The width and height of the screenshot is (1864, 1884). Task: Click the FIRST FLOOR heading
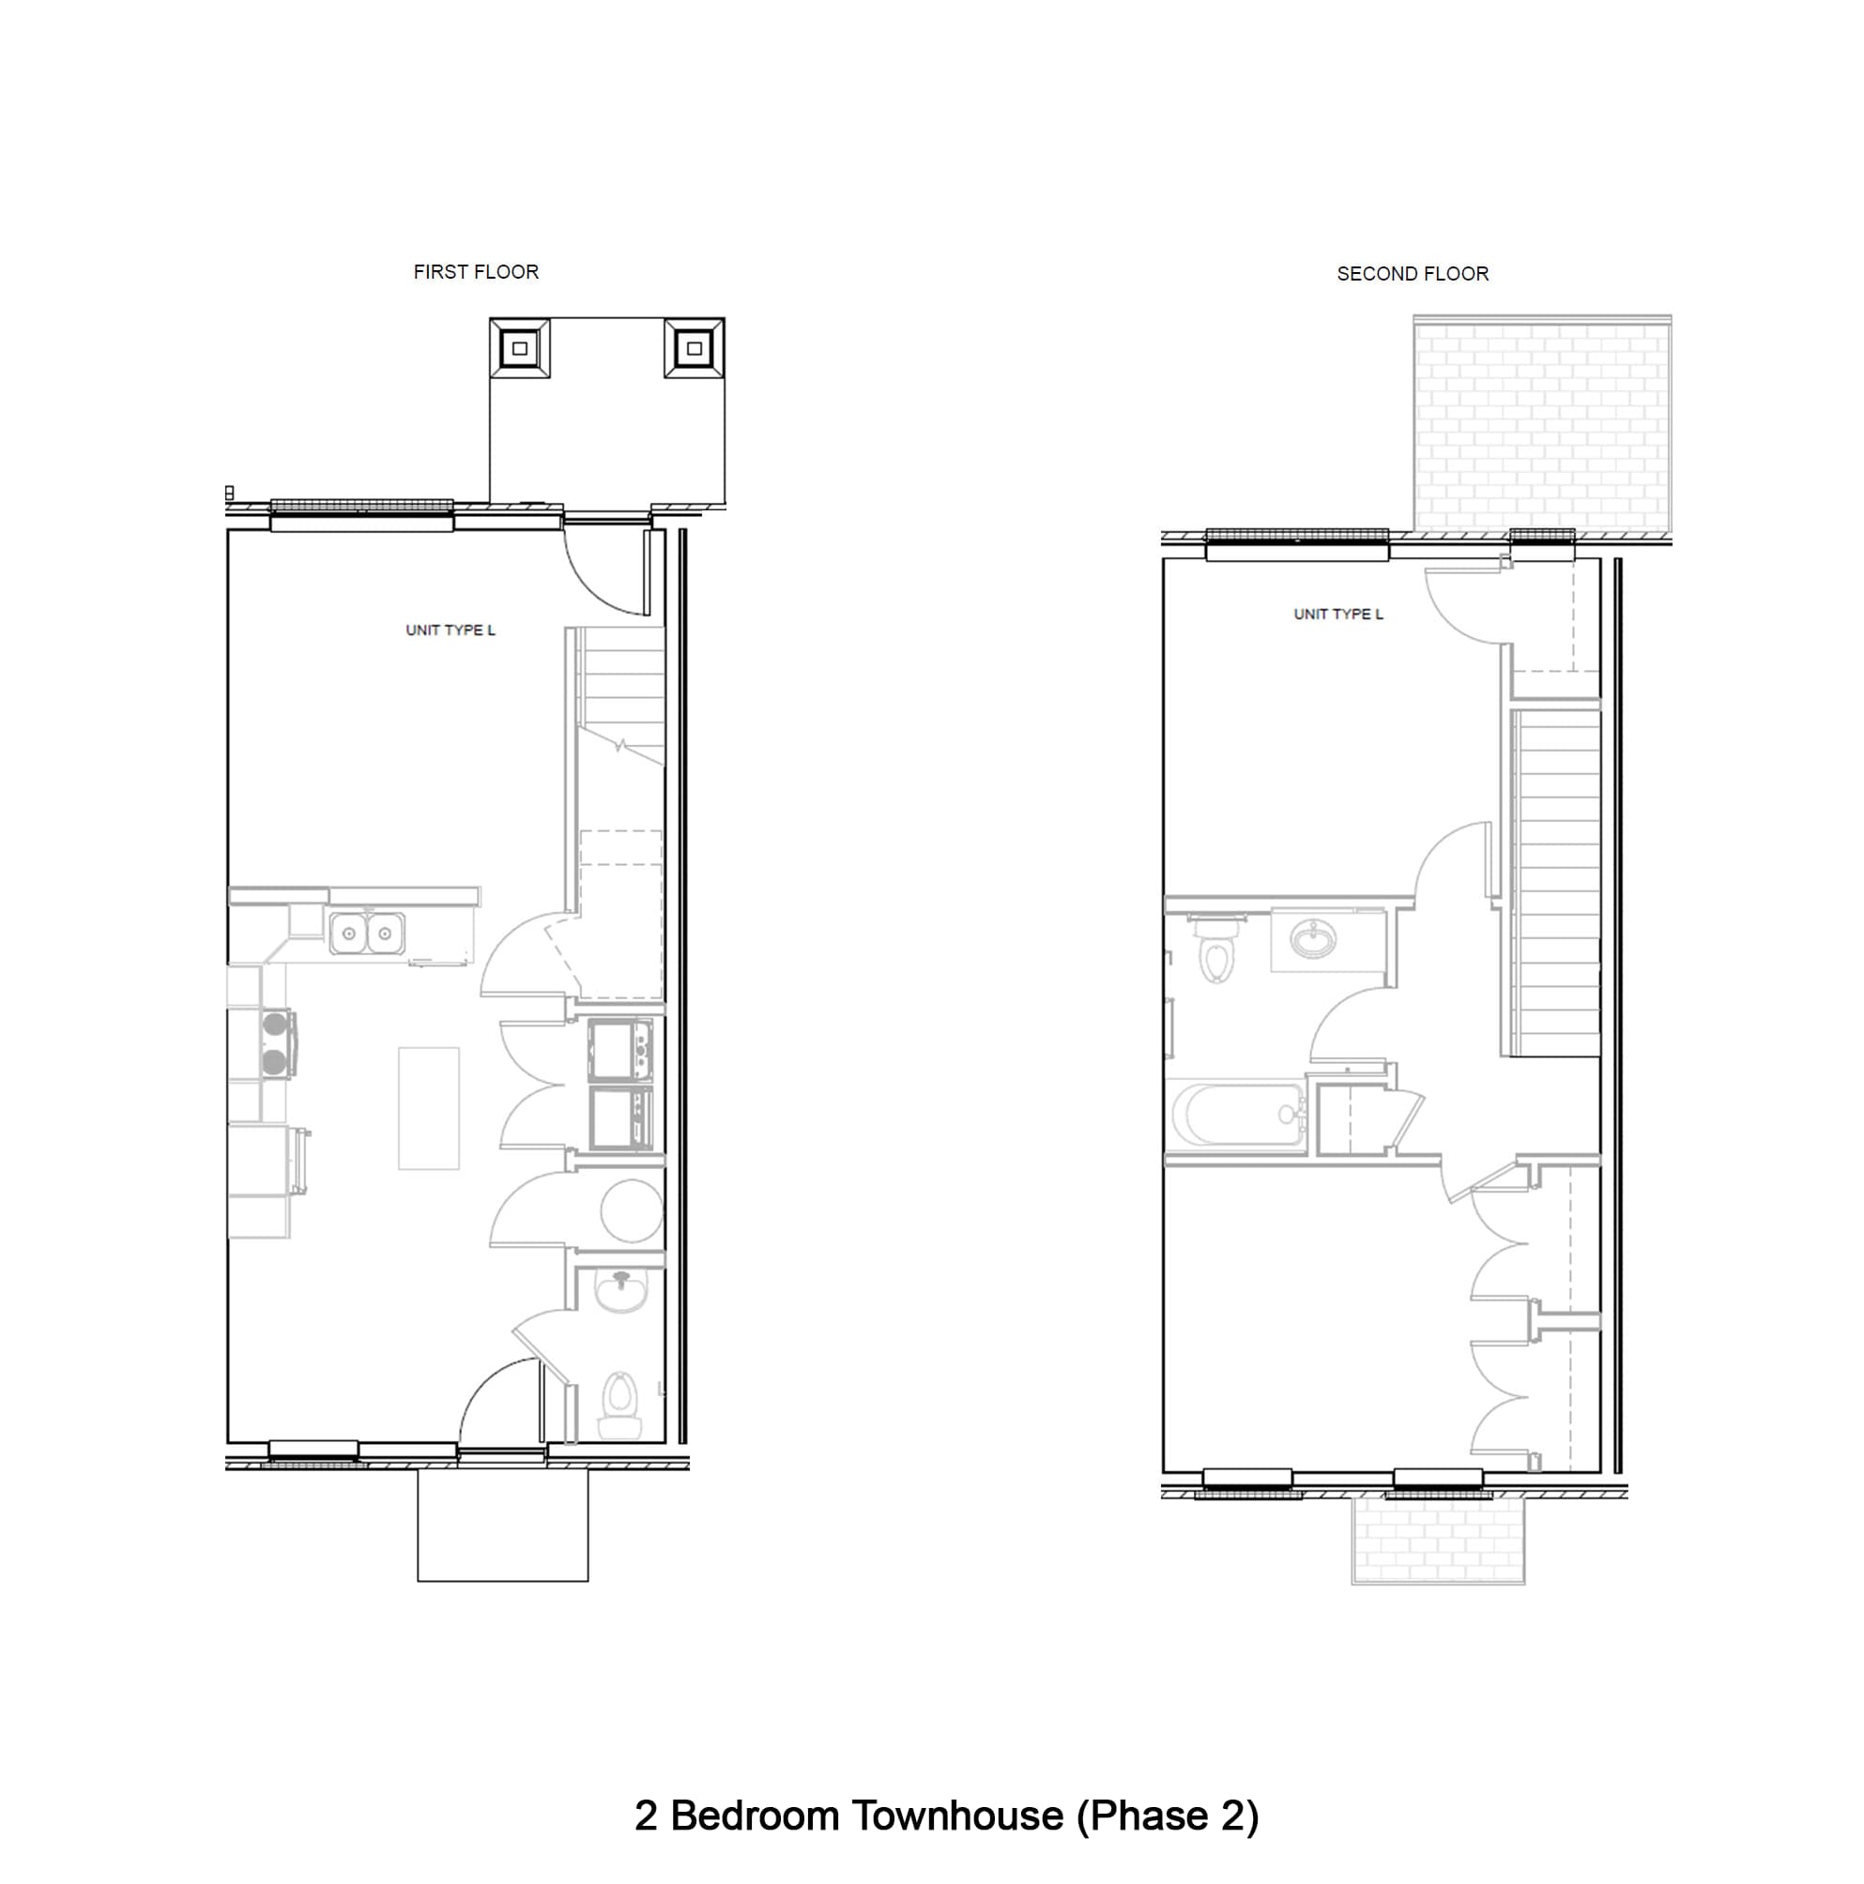475,272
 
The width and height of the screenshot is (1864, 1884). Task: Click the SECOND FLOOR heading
1412,274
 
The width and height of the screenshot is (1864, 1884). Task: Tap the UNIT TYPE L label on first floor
450,630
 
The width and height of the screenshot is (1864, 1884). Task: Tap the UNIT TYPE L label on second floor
1337,614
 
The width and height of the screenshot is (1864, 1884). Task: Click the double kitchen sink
366,934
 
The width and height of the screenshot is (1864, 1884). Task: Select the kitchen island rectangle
428,1108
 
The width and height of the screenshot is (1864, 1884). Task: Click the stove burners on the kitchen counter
275,1042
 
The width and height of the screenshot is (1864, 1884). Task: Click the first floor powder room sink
620,1292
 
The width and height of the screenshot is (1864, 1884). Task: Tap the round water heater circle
631,1210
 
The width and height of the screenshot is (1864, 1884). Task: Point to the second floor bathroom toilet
1215,950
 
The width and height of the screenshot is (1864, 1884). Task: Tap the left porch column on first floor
519,348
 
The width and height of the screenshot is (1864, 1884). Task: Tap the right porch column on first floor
694,348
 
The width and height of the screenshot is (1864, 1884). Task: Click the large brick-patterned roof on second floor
1541,425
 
